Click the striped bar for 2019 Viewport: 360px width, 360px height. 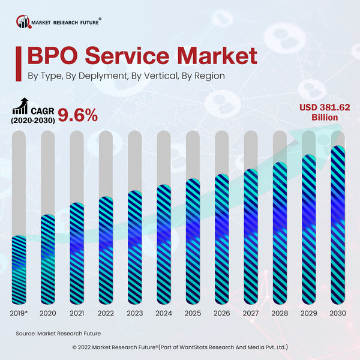[19, 269]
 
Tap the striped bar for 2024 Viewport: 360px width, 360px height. [164, 244]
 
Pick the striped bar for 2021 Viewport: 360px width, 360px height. [77, 253]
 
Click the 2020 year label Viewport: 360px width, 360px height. [48, 313]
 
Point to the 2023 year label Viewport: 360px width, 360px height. [135, 313]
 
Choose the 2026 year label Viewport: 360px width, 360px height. [222, 313]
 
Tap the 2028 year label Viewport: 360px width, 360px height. [280, 313]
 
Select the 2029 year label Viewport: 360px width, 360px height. [310, 313]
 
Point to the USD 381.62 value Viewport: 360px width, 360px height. [325, 107]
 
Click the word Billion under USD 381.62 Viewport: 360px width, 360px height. [325, 118]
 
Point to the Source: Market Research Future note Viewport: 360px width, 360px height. [58, 332]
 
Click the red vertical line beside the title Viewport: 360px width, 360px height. [22, 61]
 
